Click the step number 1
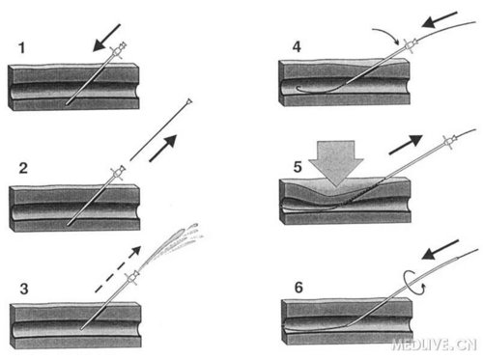21,48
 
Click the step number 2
23,168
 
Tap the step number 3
24,289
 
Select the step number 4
297,47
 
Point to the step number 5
298,167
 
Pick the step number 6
298,288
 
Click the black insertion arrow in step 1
106,38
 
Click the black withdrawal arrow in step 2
163,148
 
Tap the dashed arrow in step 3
118,269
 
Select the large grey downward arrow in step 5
336,162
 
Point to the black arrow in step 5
406,145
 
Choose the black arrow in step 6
440,249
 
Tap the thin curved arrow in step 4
386,33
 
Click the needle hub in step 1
119,49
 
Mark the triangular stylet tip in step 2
188,101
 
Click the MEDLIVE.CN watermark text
434,345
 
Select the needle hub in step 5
450,141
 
